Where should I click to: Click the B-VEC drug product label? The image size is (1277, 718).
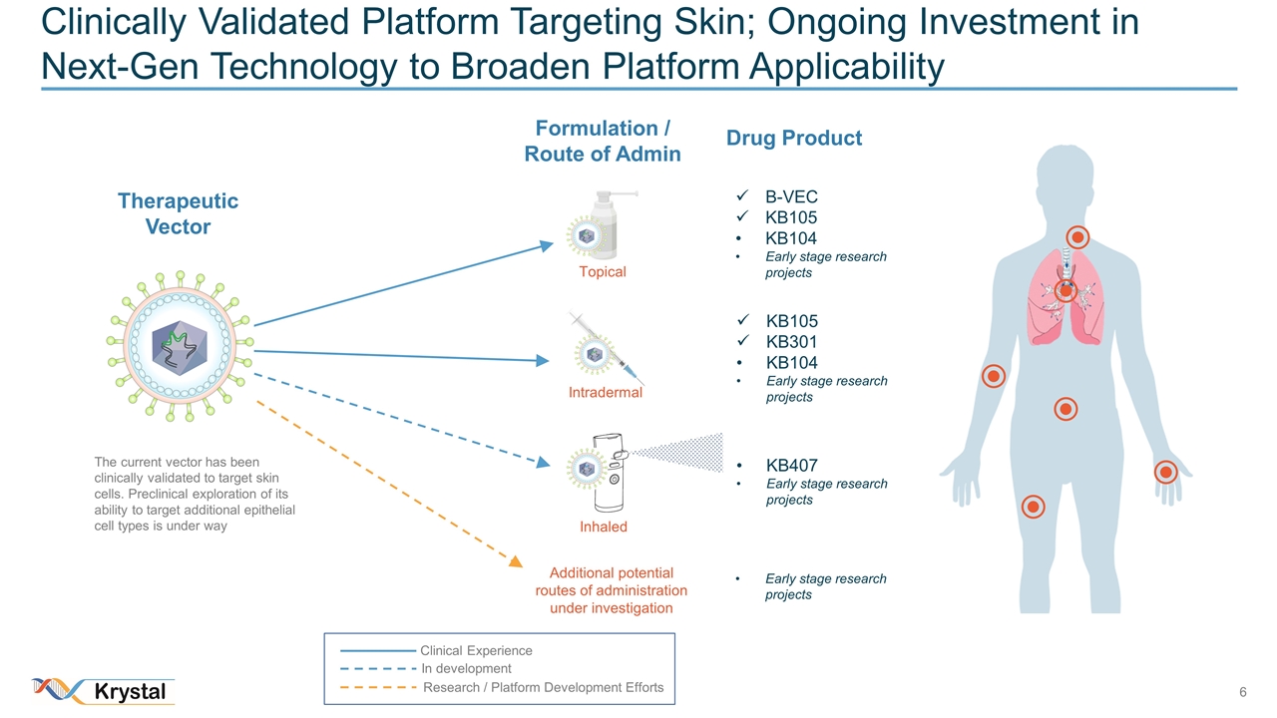click(x=791, y=196)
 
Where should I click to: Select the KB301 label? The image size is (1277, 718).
click(x=791, y=342)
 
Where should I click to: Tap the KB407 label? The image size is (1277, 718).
click(x=791, y=465)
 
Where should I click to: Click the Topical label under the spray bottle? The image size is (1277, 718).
click(x=603, y=272)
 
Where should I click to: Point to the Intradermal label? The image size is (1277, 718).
click(x=605, y=393)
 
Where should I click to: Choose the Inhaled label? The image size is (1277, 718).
click(x=603, y=527)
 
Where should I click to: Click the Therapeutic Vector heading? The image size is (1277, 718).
click(x=178, y=213)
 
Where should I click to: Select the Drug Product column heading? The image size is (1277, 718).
click(x=793, y=139)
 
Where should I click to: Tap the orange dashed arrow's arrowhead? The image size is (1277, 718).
click(x=516, y=561)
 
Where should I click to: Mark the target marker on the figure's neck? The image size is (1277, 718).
click(x=1077, y=237)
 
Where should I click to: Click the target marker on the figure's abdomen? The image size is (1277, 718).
click(x=1065, y=410)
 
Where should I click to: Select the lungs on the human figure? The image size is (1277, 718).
click(x=1065, y=296)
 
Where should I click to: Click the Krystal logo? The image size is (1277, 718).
click(x=104, y=691)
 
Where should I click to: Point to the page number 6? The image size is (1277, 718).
click(x=1243, y=692)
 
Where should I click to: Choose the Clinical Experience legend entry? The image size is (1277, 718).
click(x=476, y=650)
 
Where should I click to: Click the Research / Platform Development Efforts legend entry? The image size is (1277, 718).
click(x=543, y=687)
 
